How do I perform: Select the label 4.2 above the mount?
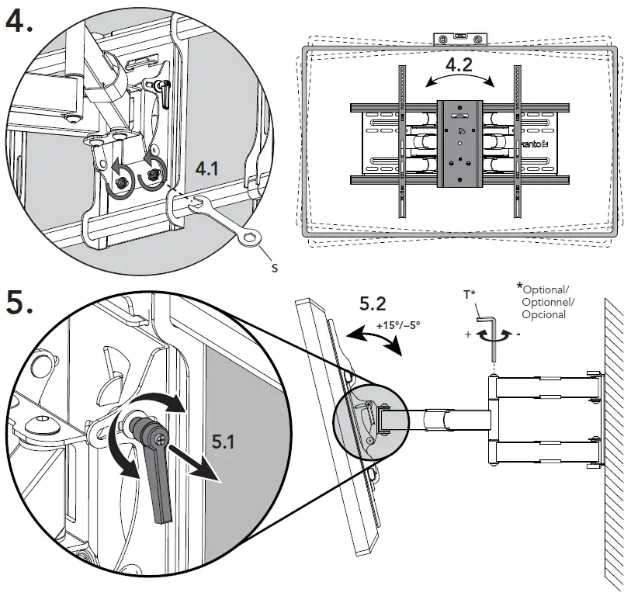click(459, 64)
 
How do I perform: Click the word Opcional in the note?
click(543, 315)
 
